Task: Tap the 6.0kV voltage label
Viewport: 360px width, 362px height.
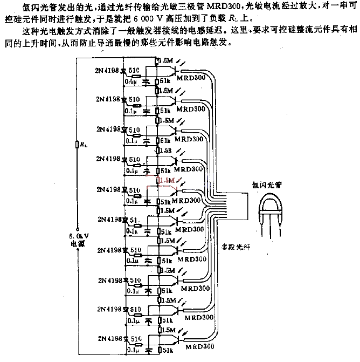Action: point(78,235)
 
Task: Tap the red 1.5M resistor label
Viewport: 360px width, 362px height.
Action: point(168,180)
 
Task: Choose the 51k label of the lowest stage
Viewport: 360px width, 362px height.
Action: point(167,351)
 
